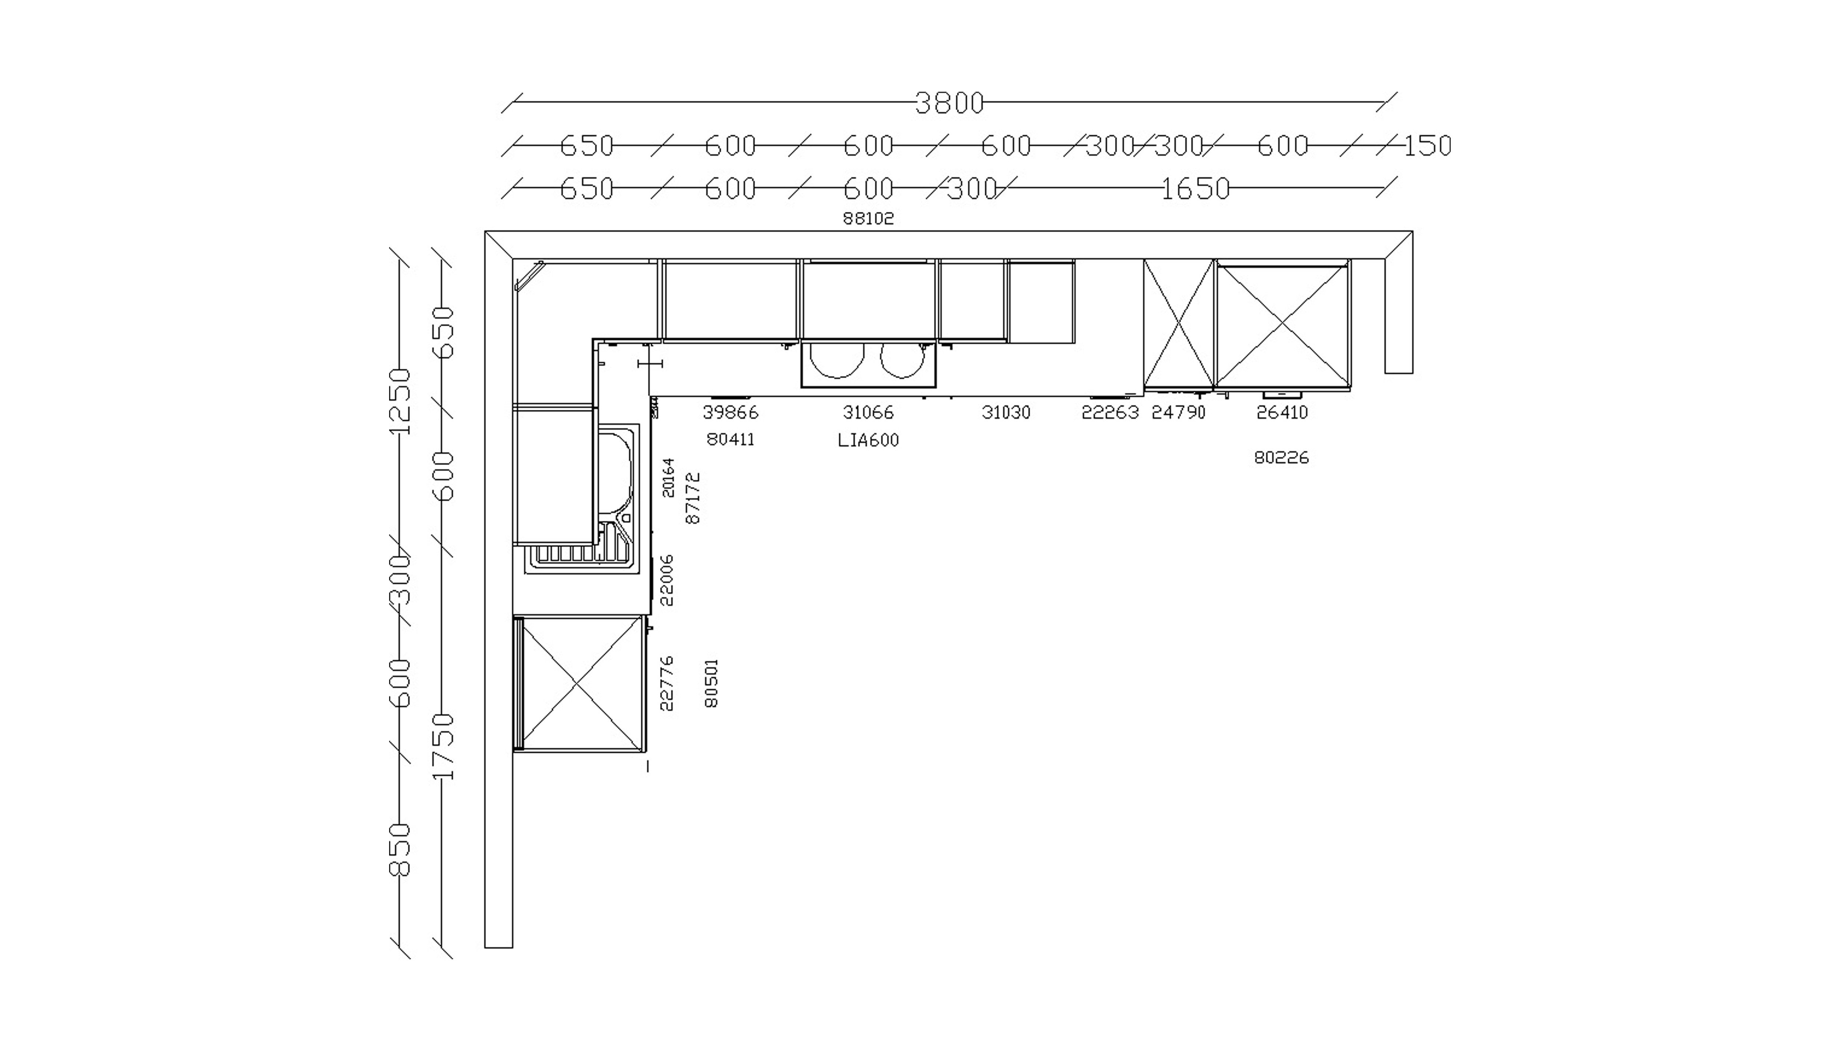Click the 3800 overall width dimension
click(x=949, y=103)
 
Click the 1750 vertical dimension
click(x=443, y=747)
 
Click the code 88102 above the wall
click(x=868, y=218)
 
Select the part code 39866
click(x=730, y=412)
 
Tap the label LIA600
click(x=868, y=440)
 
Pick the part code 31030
click(x=1006, y=412)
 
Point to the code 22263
click(x=1110, y=412)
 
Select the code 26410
click(x=1282, y=412)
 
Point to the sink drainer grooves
click(x=570, y=554)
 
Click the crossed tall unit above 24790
click(x=1178, y=324)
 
